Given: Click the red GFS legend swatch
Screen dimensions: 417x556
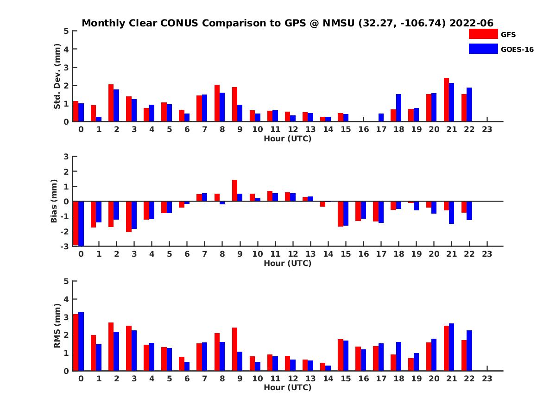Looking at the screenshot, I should pos(483,34).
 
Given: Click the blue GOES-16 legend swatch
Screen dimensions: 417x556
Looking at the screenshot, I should pos(483,49).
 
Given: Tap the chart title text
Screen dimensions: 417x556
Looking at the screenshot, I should pos(287,23).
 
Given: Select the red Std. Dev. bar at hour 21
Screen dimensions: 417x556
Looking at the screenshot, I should pos(446,100).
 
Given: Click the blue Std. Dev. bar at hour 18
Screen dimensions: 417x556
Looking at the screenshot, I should pos(398,107).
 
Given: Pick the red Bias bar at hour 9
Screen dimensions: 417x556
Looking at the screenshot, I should pos(234,190).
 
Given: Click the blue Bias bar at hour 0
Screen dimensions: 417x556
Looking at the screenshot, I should pos(81,223).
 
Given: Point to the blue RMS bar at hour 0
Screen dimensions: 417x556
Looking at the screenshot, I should pos(81,341).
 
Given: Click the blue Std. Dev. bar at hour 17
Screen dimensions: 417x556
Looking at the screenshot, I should pos(381,117).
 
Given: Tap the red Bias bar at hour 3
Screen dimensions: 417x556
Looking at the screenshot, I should pos(129,216).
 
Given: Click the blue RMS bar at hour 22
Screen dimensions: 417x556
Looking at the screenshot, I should pos(469,350).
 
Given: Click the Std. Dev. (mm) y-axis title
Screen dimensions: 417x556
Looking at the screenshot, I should pos(57,76).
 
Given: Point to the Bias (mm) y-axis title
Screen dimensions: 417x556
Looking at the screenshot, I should pos(55,201).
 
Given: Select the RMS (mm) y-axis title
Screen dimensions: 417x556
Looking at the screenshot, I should pos(57,326).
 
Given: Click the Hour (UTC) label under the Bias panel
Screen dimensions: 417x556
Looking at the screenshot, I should pos(287,263).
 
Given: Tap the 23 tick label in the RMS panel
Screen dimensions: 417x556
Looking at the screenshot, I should pos(487,378).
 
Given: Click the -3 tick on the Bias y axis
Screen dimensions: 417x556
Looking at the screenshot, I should pos(65,246).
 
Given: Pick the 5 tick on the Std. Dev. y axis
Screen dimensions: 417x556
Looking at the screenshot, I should pos(67,31).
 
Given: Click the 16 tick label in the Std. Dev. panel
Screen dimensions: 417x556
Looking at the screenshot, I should pos(363,129).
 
